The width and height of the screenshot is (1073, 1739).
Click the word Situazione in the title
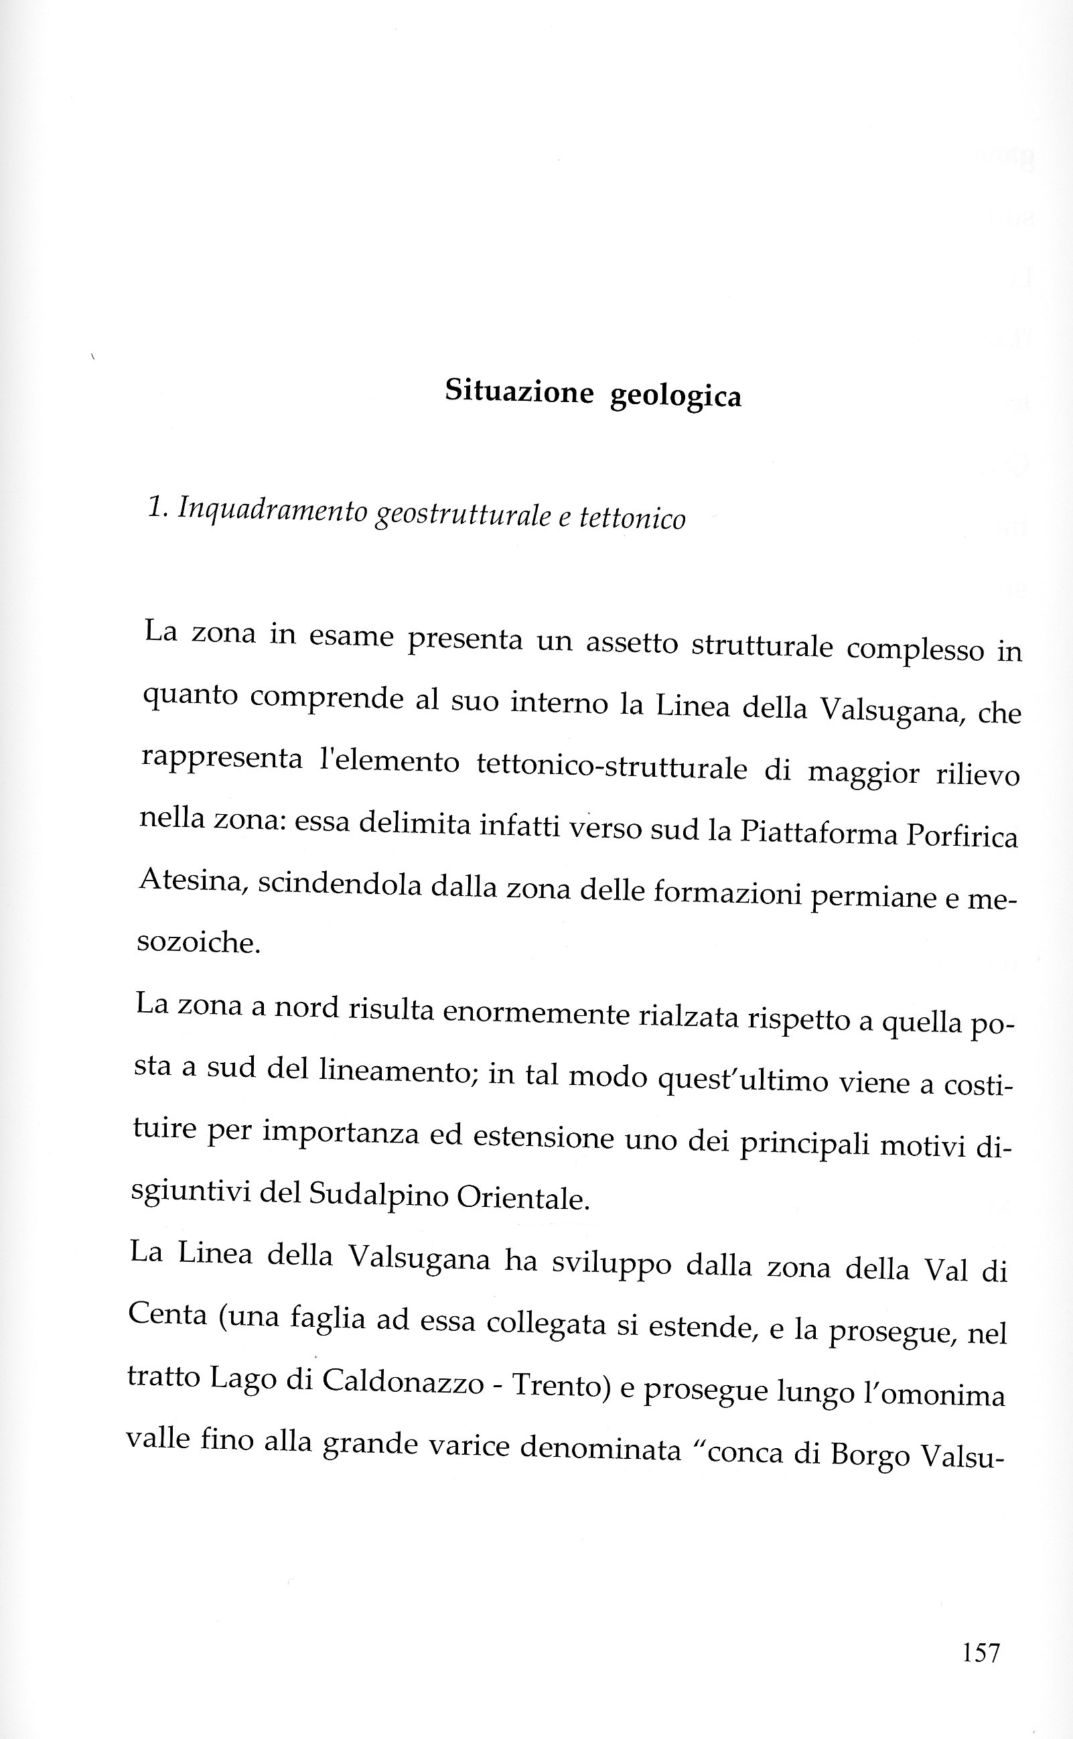[519, 391]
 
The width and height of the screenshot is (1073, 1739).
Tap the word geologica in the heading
[676, 396]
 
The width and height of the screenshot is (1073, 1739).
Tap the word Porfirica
[962, 836]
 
